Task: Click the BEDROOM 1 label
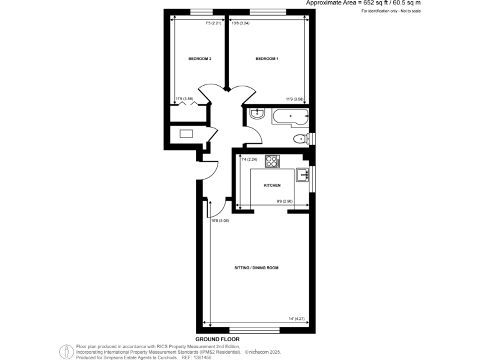tap(267, 59)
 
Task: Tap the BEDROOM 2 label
tap(200, 59)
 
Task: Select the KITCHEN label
tap(272, 186)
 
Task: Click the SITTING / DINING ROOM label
tap(256, 267)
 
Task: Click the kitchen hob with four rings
tap(272, 162)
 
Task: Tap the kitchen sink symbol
tap(302, 174)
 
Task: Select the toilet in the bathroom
tap(299, 139)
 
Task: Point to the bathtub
tap(289, 114)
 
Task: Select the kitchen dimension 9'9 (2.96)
tap(285, 201)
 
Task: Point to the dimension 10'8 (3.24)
tap(241, 24)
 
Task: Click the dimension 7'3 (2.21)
tap(214, 24)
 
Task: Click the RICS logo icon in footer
tap(67, 351)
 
